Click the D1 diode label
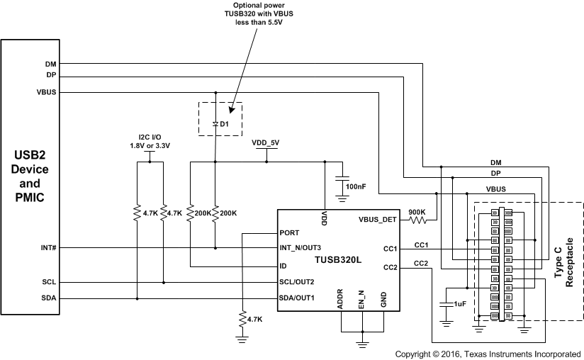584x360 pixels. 224,124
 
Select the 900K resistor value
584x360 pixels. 417,210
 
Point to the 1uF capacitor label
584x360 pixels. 459,303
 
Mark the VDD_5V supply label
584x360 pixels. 266,143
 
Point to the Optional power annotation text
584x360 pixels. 259,13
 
